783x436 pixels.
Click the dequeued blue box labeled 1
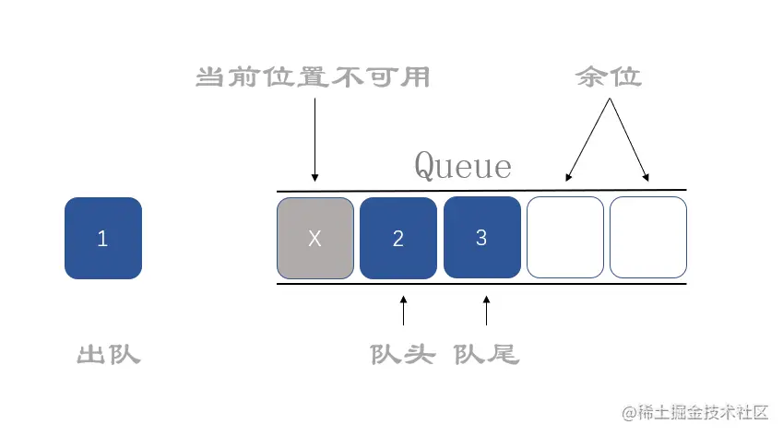click(102, 238)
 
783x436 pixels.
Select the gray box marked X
click(314, 238)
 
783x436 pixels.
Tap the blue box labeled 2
click(397, 238)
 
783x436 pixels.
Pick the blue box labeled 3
click(480, 237)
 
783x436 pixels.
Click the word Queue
click(462, 165)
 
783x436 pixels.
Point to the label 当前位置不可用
click(314, 77)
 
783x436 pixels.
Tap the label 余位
click(608, 77)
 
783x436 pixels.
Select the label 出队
click(108, 354)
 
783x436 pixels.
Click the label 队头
click(401, 354)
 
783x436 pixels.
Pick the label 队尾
click(486, 354)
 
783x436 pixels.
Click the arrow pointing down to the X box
click(314, 138)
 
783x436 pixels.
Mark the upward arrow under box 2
click(403, 311)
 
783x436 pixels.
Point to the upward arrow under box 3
click(486, 311)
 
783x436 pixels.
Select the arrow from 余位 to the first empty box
click(588, 138)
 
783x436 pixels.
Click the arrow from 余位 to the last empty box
click(629, 138)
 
